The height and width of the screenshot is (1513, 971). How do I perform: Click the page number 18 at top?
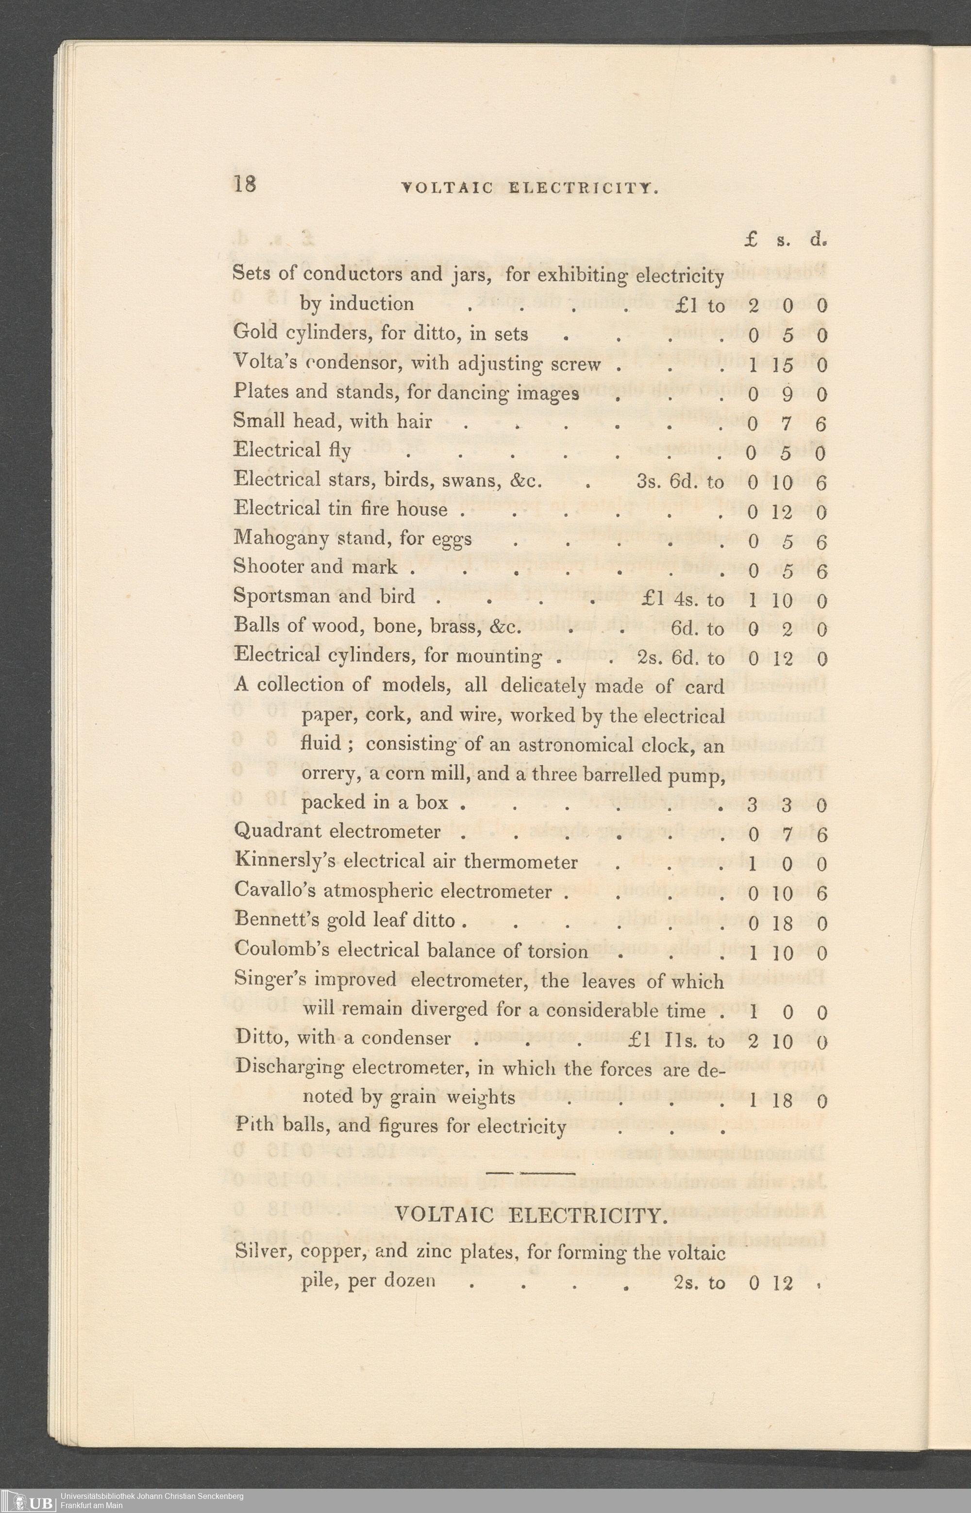(x=245, y=184)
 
